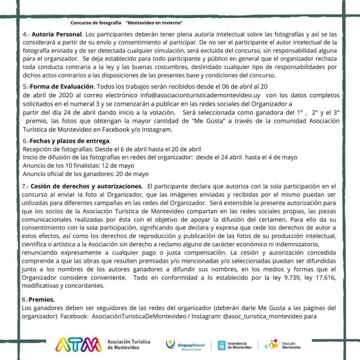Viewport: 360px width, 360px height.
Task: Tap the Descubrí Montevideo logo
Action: [284, 344]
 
